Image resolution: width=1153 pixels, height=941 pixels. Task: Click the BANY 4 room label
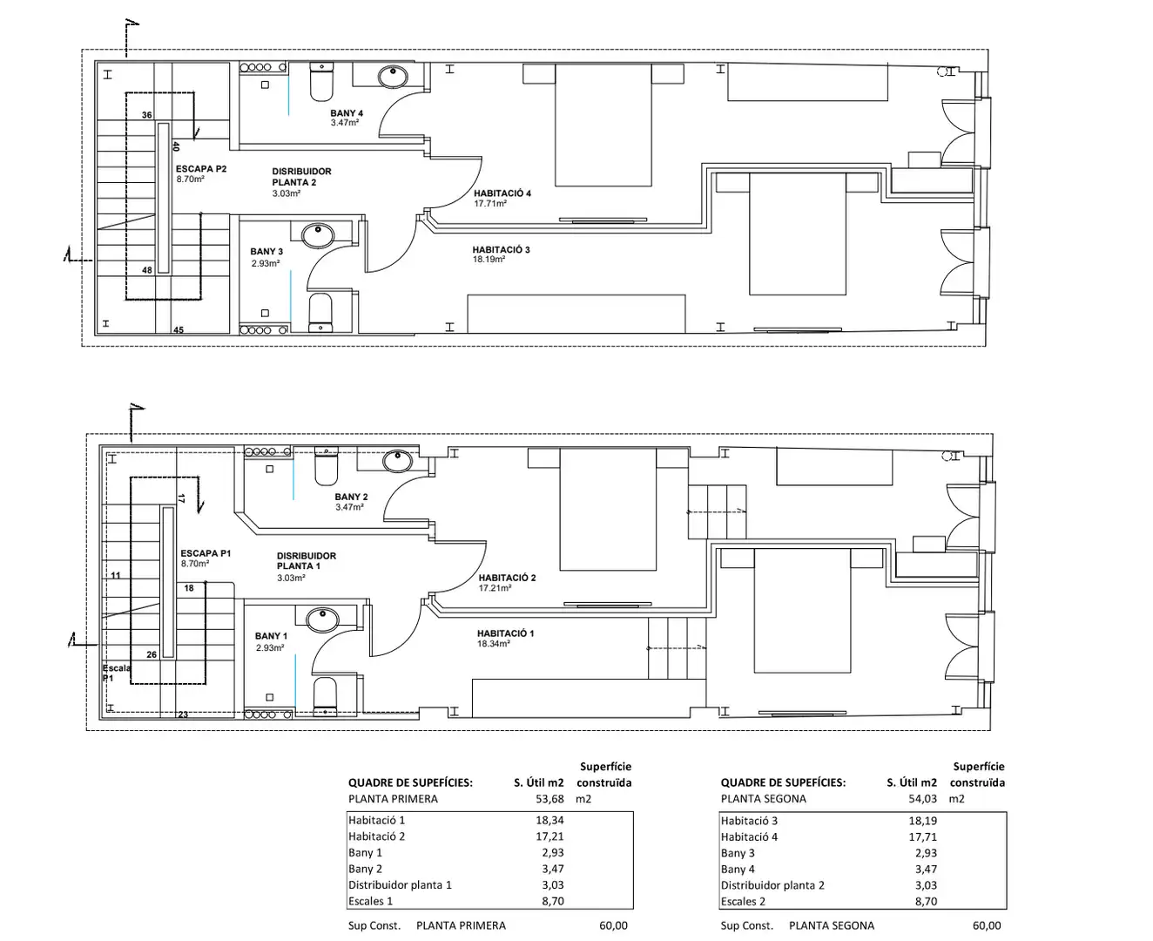click(346, 113)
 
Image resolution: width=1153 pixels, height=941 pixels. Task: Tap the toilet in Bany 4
click(321, 82)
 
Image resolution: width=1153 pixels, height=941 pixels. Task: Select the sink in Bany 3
click(318, 235)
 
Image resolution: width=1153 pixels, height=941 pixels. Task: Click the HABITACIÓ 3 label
click(501, 249)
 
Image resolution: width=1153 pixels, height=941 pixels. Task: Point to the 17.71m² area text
click(489, 204)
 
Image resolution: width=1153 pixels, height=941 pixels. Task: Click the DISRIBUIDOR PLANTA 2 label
click(301, 177)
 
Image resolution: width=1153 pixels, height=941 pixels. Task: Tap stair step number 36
click(146, 115)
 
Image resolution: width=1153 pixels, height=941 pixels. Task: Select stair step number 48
click(146, 270)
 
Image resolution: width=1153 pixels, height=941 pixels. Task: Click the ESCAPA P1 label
click(206, 553)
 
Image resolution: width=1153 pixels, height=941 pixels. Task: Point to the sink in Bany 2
click(397, 461)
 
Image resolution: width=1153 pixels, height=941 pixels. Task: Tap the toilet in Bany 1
click(326, 696)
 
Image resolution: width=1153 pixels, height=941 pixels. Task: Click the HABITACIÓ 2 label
click(507, 577)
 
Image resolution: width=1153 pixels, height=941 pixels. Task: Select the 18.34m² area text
click(493, 643)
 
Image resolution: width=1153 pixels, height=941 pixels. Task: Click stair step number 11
click(115, 575)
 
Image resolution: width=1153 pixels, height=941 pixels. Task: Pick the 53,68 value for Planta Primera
click(550, 798)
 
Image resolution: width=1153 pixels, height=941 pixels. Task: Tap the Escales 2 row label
click(742, 901)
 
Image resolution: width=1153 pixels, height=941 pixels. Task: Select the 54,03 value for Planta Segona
click(922, 798)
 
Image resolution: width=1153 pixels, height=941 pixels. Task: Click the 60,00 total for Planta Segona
click(987, 925)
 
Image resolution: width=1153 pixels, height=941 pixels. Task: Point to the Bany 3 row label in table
click(738, 852)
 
